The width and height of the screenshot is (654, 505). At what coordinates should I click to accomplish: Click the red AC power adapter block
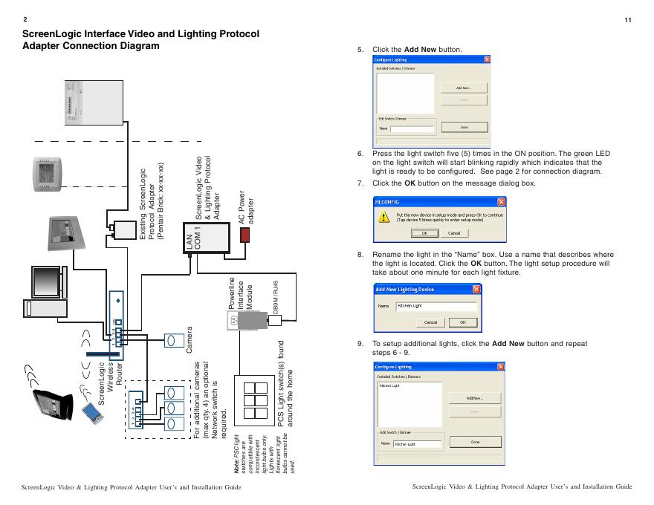(245, 234)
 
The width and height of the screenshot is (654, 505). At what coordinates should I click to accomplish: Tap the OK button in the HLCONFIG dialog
(425, 233)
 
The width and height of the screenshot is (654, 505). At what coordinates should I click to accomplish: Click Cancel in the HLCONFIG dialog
(453, 233)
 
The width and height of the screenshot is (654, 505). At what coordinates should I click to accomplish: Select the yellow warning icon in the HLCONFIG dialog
(383, 217)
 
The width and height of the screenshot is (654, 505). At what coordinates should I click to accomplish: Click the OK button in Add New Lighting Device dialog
(462, 322)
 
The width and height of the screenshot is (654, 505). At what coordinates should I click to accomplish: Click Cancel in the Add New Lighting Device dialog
(430, 322)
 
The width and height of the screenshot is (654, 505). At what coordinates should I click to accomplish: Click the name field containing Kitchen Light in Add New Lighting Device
(436, 305)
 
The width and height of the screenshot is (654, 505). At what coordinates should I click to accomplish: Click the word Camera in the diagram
(189, 339)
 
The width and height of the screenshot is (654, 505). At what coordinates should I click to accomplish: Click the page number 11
(628, 19)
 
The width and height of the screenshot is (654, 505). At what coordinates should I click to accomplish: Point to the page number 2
(25, 19)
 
